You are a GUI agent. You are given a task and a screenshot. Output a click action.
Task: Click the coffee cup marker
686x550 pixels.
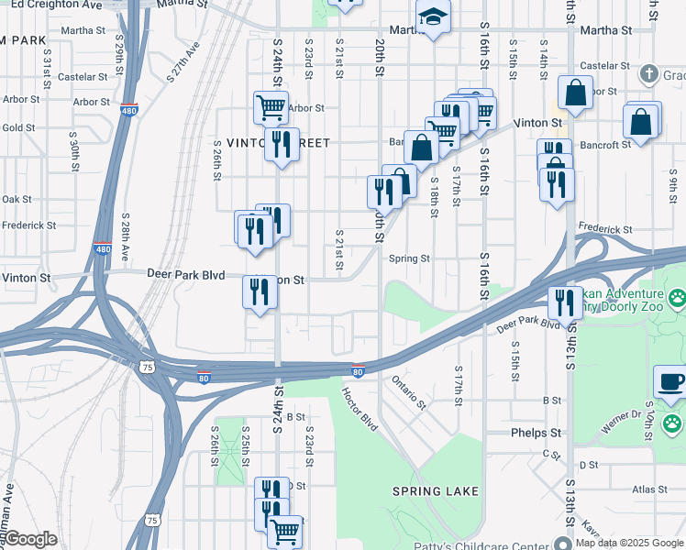coord(670,381)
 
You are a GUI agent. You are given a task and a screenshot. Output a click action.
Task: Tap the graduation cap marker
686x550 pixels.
coord(431,17)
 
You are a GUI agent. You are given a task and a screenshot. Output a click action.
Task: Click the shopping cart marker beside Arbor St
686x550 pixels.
coord(270,106)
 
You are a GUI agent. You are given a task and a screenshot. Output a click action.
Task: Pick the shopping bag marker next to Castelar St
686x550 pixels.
coord(575,93)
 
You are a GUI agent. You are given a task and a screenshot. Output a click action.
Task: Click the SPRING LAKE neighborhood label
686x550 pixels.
coord(436,491)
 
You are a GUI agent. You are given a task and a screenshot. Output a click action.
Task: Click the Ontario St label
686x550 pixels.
coord(409,391)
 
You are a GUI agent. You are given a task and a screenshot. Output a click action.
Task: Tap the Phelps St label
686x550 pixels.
coord(537,433)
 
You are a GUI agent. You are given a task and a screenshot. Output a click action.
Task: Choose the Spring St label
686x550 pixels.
coord(409,258)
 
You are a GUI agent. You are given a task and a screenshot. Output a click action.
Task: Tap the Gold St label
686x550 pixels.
coord(17,127)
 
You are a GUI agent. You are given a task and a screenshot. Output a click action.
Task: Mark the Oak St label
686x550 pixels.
coord(17,199)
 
